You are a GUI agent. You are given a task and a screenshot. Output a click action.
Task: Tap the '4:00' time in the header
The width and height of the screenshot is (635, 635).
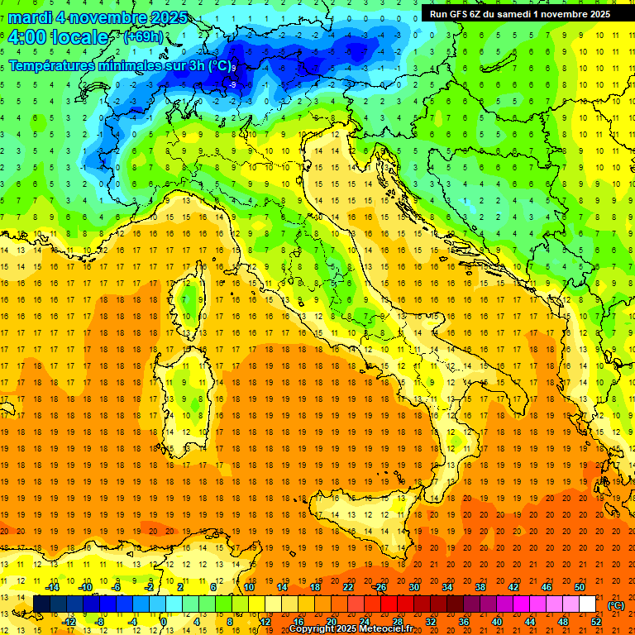click(x=26, y=38)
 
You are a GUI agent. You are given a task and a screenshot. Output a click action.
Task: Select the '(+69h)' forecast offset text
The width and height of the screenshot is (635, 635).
click(x=142, y=37)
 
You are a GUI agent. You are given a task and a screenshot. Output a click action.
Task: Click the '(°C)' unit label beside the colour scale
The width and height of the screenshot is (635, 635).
click(x=616, y=605)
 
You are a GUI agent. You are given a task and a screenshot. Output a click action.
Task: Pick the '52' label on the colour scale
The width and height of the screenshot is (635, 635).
click(x=596, y=621)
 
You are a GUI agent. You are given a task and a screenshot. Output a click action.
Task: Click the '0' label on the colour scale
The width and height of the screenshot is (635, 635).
click(x=164, y=621)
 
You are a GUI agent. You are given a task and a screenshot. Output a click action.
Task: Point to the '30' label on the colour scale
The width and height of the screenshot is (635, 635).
click(x=413, y=587)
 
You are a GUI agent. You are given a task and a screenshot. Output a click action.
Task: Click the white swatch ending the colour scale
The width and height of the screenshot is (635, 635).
click(x=588, y=604)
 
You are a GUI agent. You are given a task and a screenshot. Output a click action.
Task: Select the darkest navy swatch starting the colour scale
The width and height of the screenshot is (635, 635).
click(x=41, y=604)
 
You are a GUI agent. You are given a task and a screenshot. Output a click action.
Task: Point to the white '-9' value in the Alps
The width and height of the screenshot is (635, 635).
click(x=233, y=84)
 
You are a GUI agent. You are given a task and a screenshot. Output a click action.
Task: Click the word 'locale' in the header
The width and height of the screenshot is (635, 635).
click(x=79, y=38)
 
